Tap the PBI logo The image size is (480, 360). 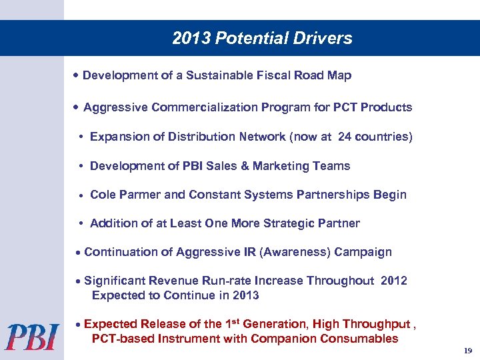tap(32, 336)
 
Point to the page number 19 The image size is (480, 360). tap(466, 351)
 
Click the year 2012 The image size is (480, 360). tap(394, 281)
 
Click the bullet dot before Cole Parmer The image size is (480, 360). tap(80, 196)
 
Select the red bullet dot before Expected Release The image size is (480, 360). tap(79, 325)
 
